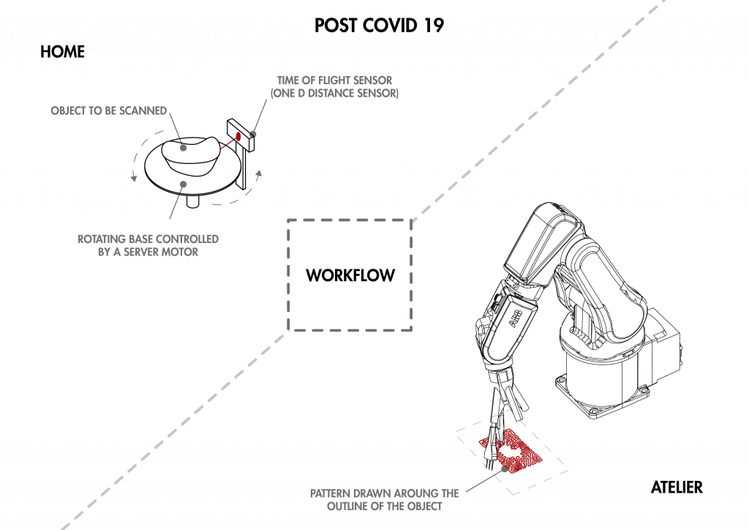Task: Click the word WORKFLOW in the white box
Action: (x=350, y=276)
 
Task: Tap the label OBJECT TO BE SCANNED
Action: (x=108, y=111)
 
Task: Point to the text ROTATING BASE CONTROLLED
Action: (x=148, y=239)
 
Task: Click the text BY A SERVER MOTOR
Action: (x=148, y=253)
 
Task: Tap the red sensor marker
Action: (x=237, y=136)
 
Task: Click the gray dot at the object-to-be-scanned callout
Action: (x=184, y=148)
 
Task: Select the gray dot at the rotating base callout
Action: (x=183, y=184)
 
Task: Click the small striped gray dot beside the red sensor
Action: (x=253, y=133)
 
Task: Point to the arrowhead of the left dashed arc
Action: (x=133, y=178)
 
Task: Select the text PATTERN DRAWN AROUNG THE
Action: (x=384, y=493)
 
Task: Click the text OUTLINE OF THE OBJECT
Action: (x=384, y=506)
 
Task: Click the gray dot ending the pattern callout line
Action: (x=504, y=469)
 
